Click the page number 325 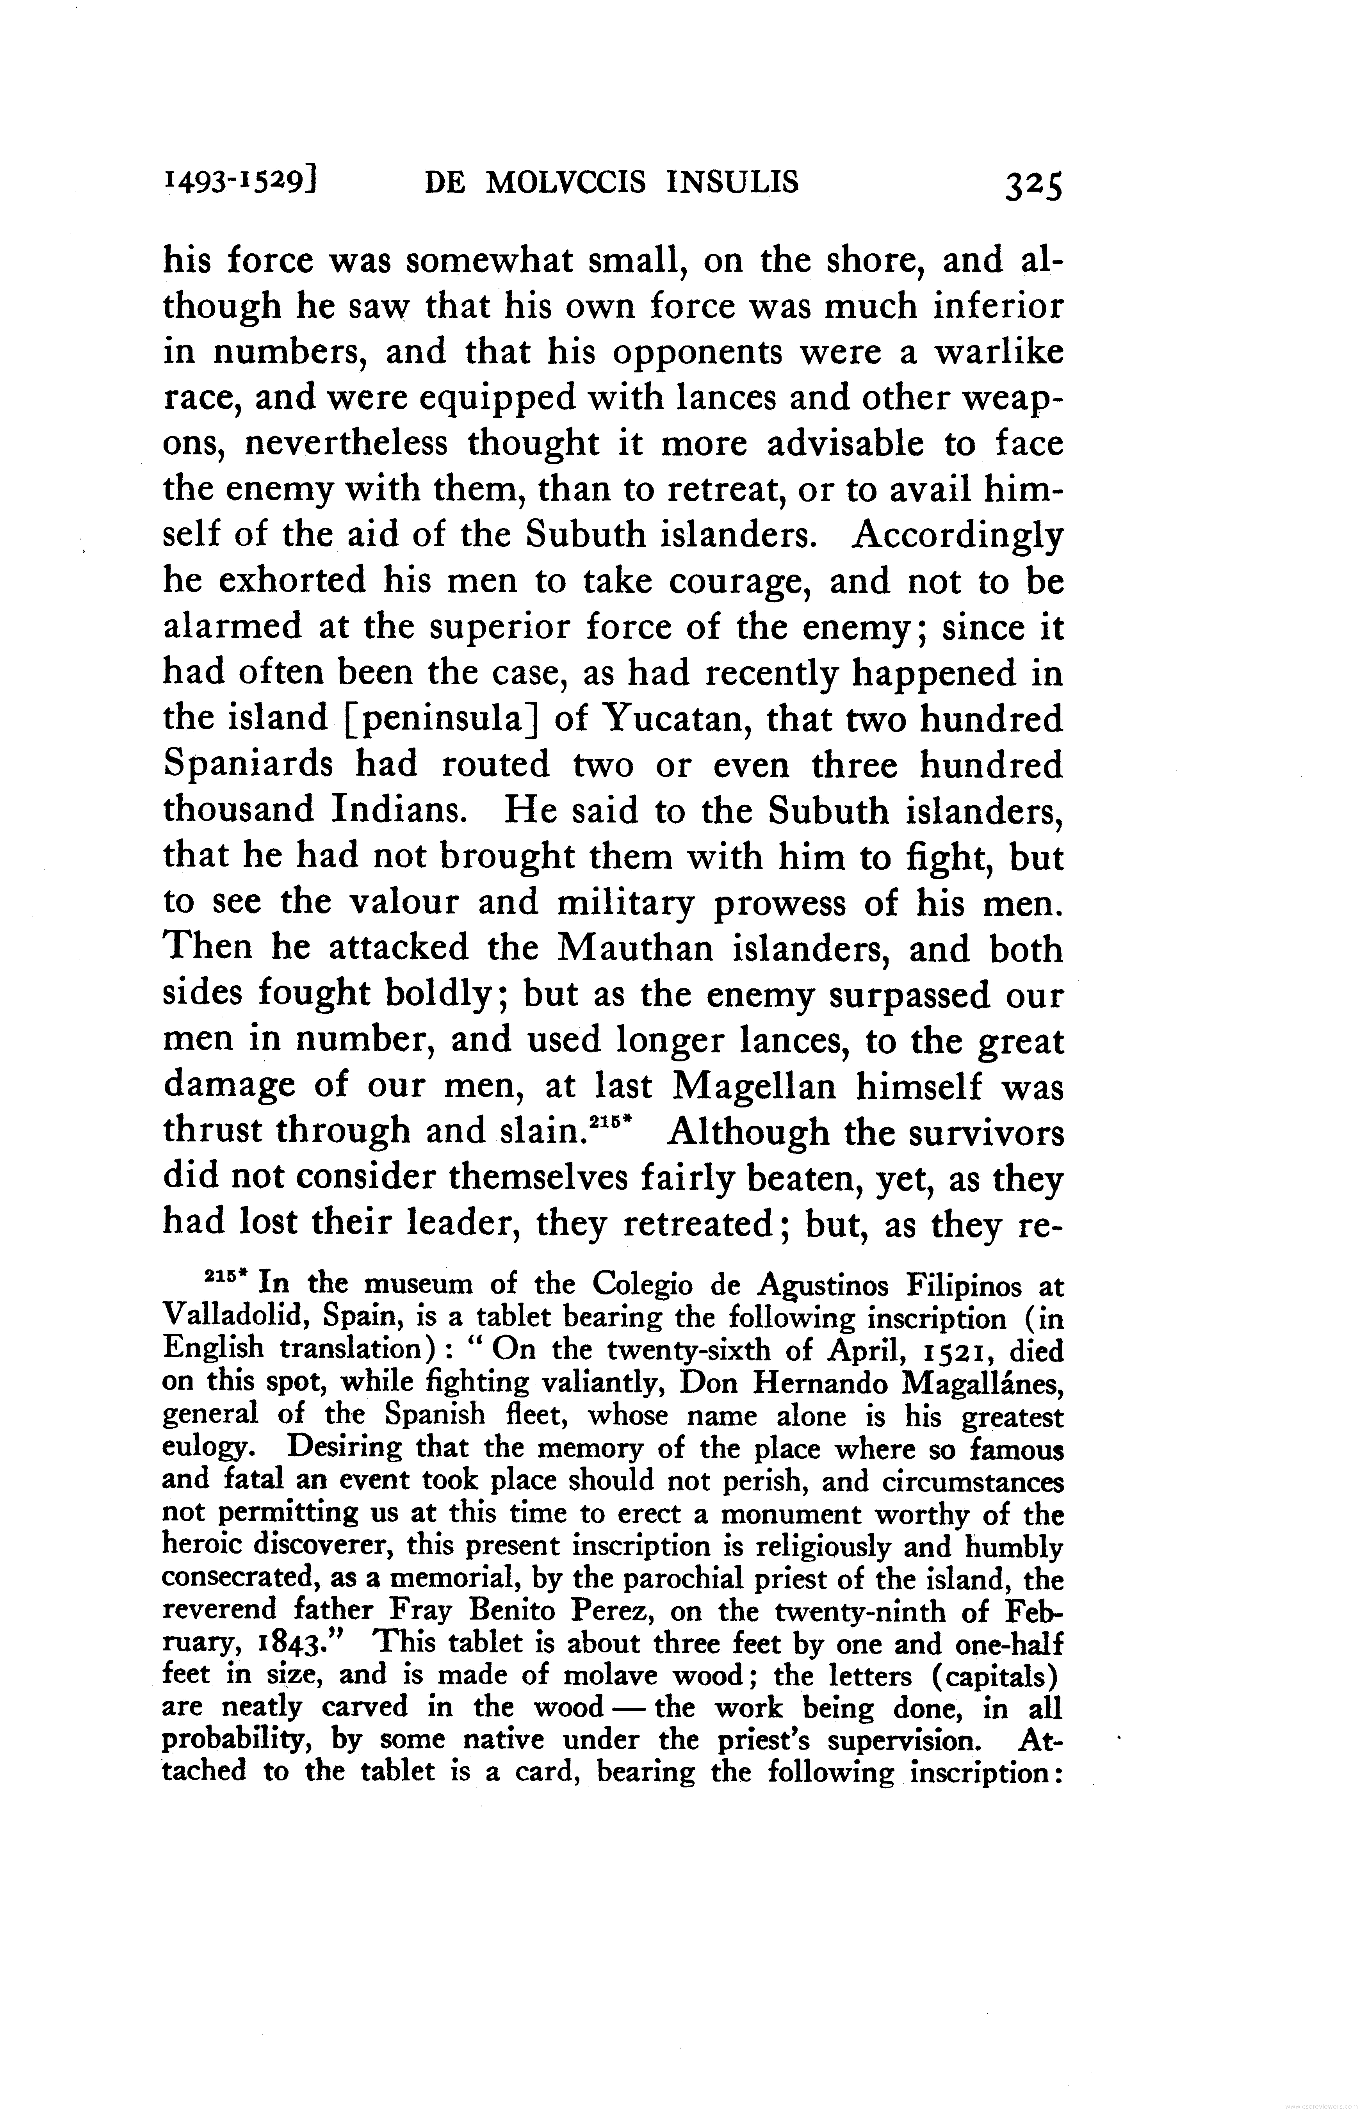[x=1033, y=187]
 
